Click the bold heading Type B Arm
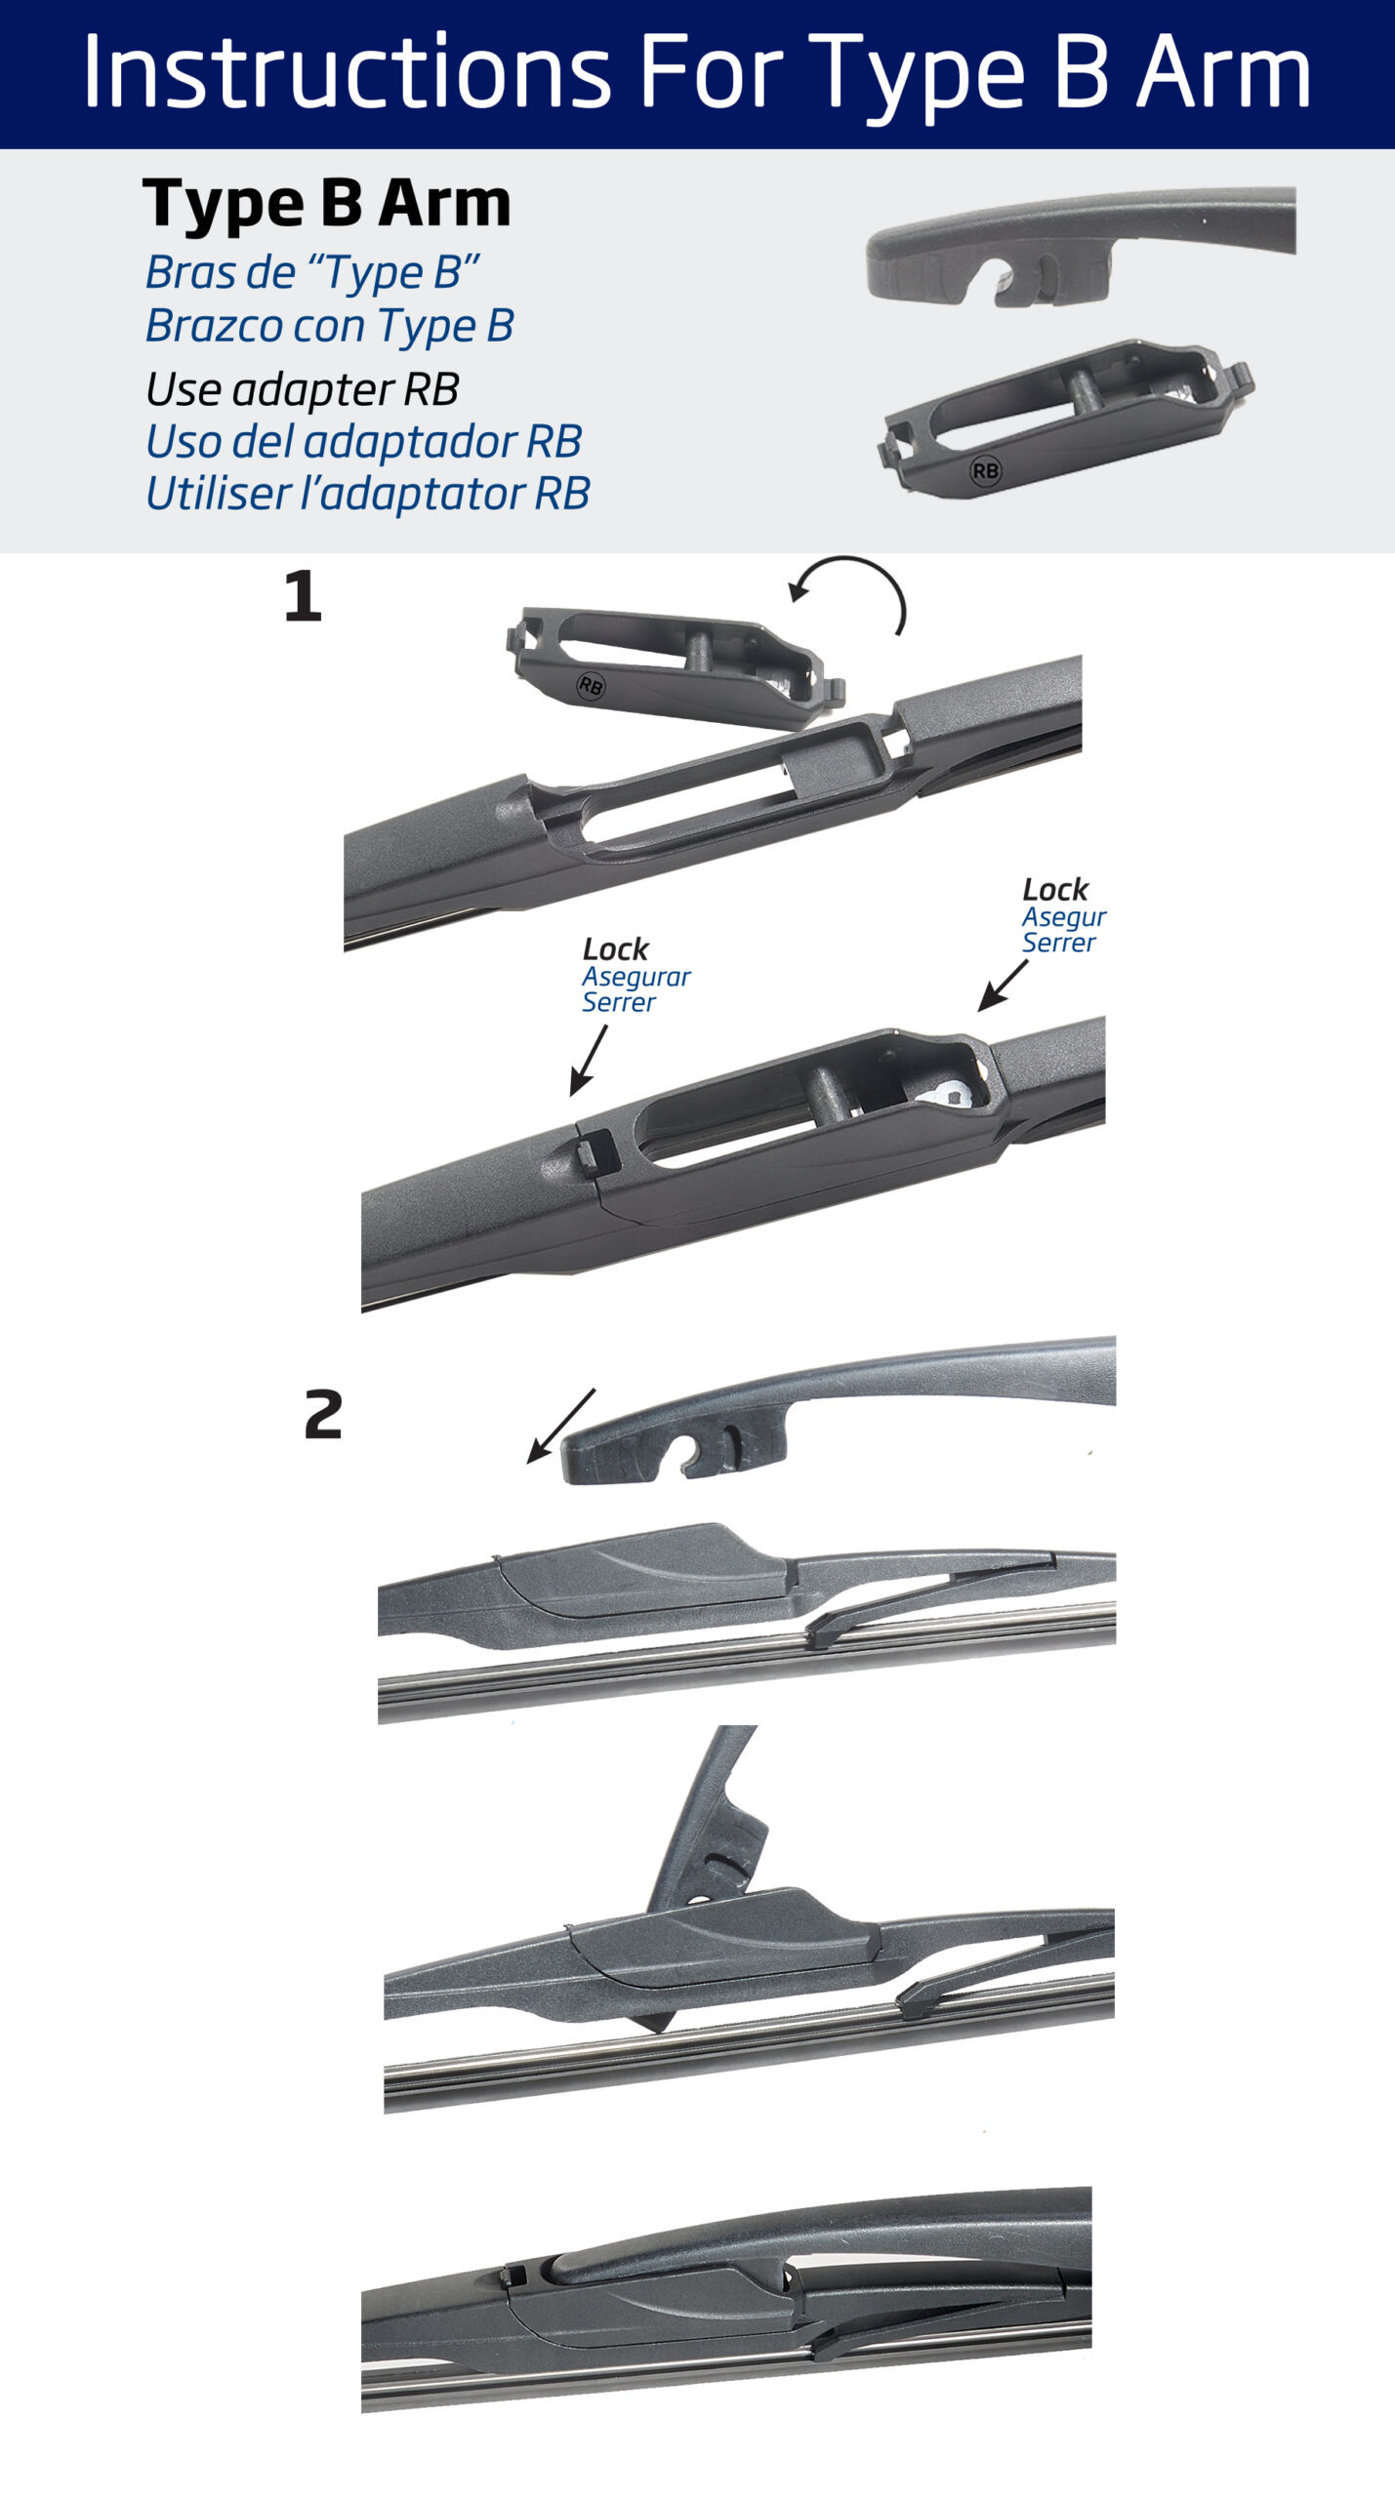(327, 204)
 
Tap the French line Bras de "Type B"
(312, 273)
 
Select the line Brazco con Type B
(330, 326)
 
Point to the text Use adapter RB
(303, 389)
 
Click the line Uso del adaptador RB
(364, 441)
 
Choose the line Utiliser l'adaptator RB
(368, 493)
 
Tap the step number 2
(323, 1415)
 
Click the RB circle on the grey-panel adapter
(985, 471)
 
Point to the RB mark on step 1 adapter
(591, 686)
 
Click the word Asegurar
(636, 977)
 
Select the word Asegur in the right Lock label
(1064, 917)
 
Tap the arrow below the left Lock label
(588, 1061)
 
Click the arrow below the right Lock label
(1003, 986)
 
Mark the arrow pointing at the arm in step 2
(560, 1427)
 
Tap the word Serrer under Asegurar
(619, 1002)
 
